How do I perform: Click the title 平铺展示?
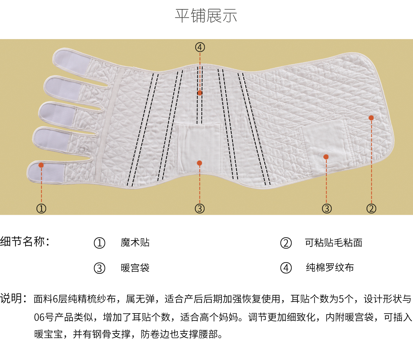(x=206, y=15)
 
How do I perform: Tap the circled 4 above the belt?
(x=200, y=47)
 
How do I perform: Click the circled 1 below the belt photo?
(x=41, y=208)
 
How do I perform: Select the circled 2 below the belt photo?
(x=371, y=208)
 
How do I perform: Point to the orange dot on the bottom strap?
(x=41, y=165)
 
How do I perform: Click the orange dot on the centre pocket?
(x=199, y=163)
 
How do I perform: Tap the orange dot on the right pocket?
(x=326, y=157)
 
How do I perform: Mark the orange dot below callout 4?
(x=200, y=93)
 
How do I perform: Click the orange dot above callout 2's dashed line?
(x=371, y=118)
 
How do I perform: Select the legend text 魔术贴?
(x=135, y=242)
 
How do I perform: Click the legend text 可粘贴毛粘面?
(x=334, y=242)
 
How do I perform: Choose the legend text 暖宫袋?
(x=135, y=268)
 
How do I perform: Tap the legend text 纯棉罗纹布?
(x=330, y=268)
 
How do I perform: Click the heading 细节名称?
(x=25, y=241)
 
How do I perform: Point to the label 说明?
(x=13, y=298)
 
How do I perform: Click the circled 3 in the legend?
(x=99, y=268)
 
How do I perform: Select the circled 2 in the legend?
(x=286, y=243)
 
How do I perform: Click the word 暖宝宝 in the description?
(x=48, y=334)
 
